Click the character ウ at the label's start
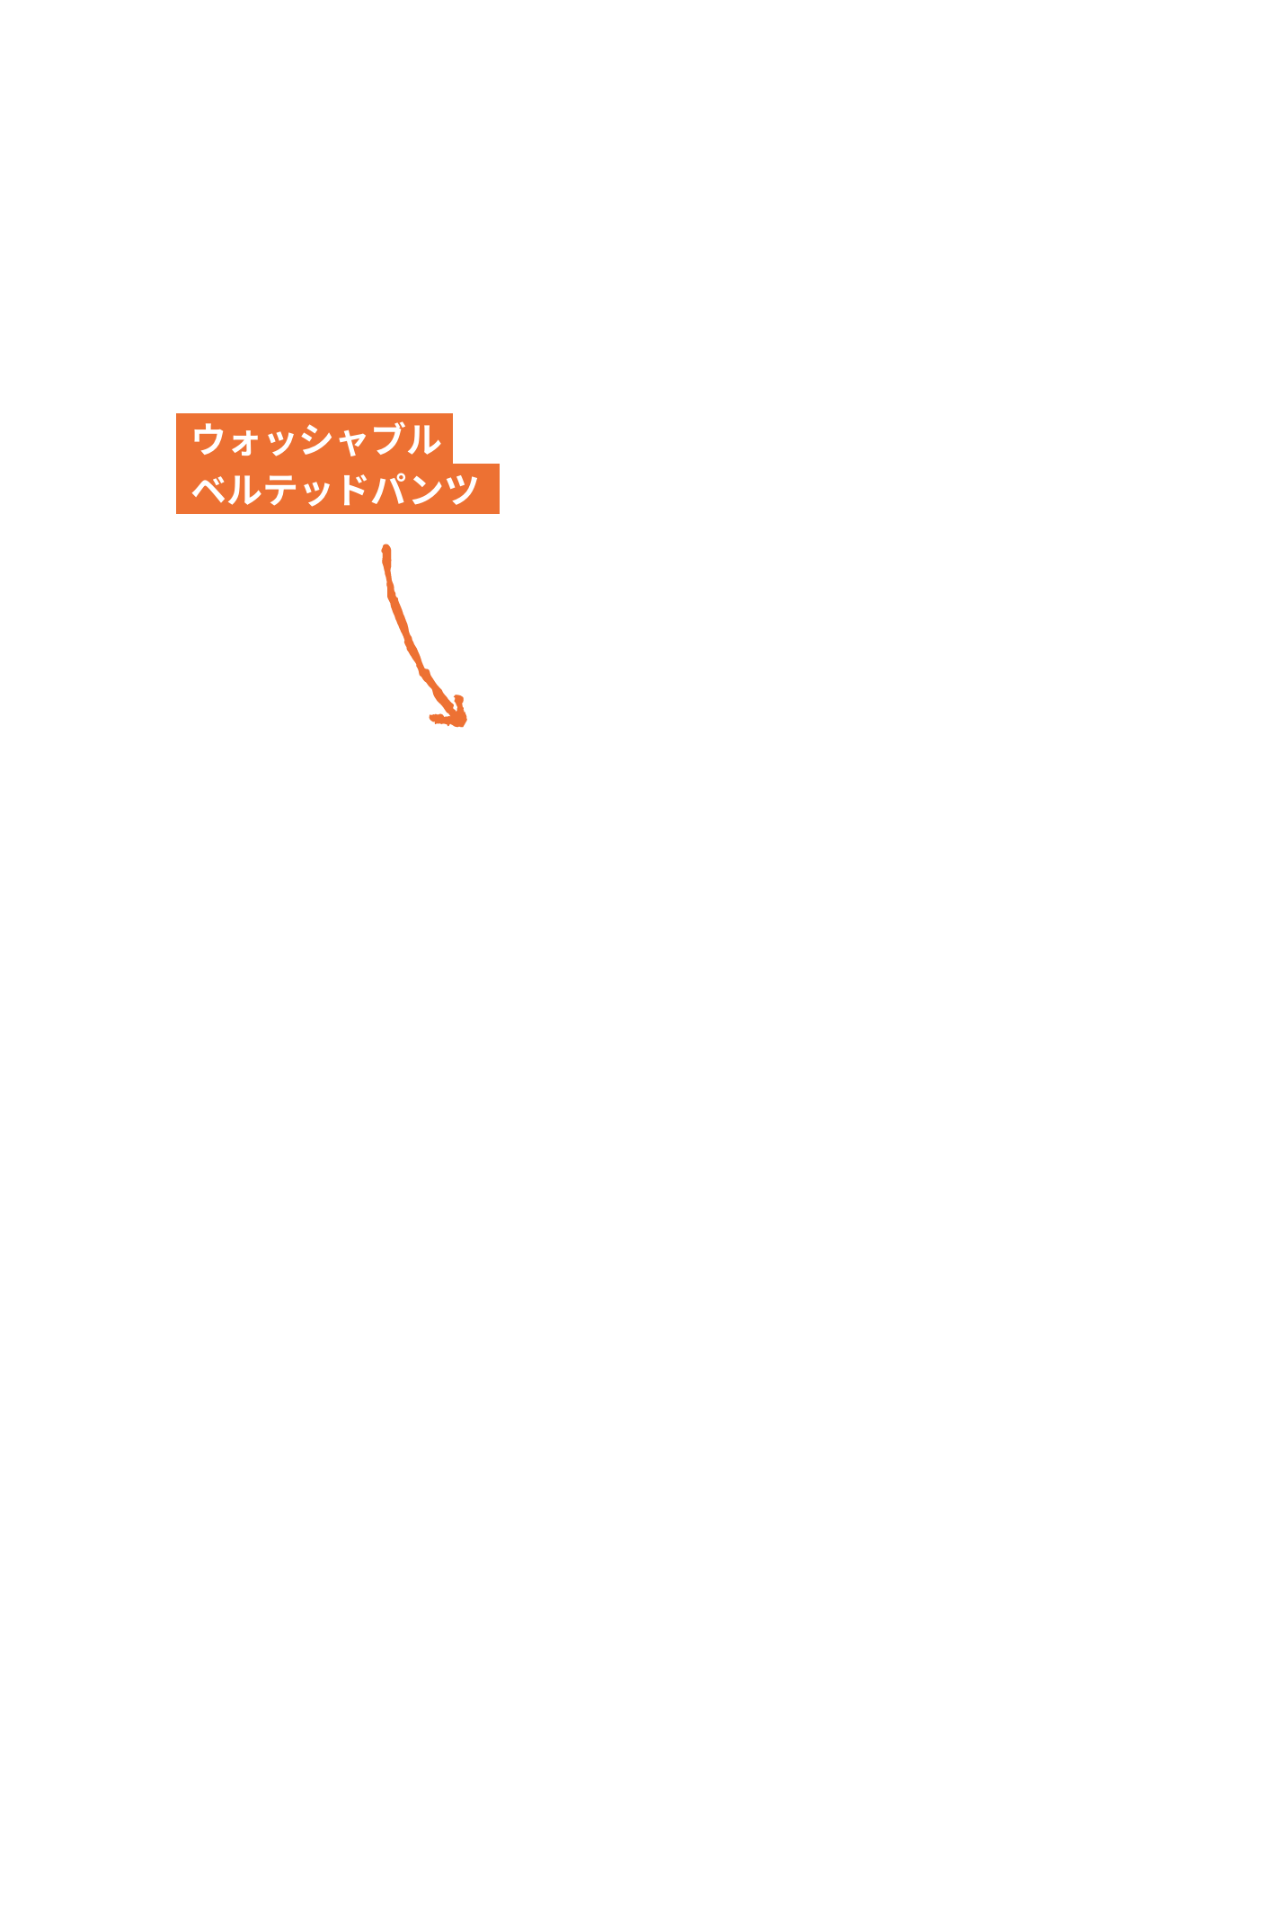point(209,439)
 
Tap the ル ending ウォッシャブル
point(424,439)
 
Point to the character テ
point(279,490)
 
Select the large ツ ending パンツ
point(461,490)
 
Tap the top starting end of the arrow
point(385,547)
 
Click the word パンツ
point(423,489)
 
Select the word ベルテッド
point(279,489)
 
